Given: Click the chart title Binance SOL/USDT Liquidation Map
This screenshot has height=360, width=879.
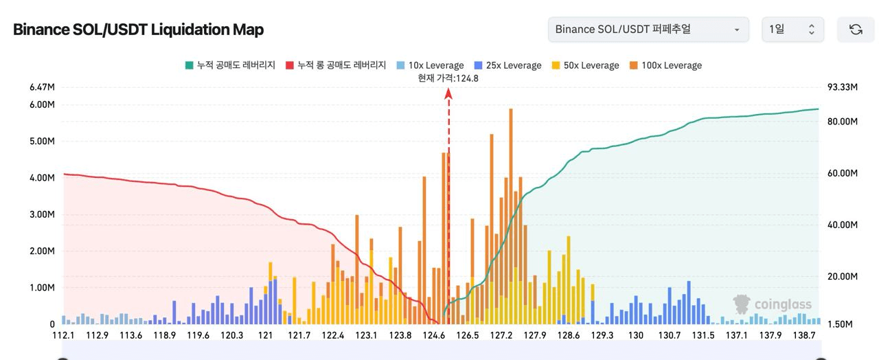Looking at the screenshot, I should tap(138, 30).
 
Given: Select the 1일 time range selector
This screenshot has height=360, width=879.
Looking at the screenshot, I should tap(792, 30).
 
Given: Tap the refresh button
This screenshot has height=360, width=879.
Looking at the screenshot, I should tap(856, 30).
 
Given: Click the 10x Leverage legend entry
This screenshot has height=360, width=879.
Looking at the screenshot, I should tap(430, 65).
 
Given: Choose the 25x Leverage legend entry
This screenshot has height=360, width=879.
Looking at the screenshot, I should tap(507, 65).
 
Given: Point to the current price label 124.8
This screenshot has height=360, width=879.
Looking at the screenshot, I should tap(448, 78).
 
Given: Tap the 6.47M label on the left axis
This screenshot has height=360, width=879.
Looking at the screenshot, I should tap(42, 87).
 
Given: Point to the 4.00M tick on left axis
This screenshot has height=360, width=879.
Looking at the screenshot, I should tap(42, 178).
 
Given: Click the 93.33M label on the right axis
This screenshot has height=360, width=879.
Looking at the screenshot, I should tap(843, 87).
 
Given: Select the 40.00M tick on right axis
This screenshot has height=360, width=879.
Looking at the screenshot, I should tap(843, 225).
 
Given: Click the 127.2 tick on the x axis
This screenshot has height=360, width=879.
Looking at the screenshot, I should tap(501, 335).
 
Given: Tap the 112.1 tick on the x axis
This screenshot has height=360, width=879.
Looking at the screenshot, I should tap(63, 335).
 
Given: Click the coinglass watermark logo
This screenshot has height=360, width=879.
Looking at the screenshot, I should tap(772, 304).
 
